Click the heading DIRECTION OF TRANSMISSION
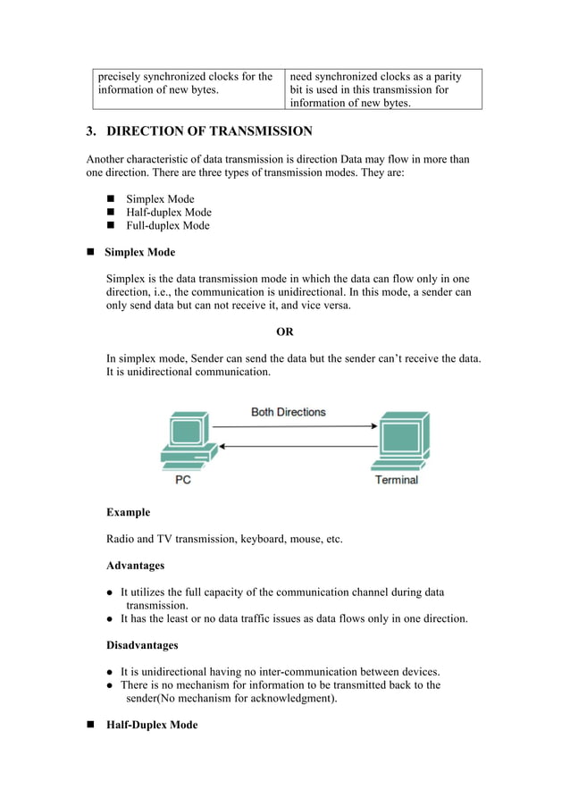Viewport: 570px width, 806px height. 209,132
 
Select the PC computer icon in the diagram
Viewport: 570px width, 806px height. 185,441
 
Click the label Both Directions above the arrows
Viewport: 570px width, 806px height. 288,412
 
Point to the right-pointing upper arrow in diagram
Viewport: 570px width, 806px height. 298,426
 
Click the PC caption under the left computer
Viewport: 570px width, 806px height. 181,480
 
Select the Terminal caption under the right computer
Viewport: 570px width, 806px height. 396,480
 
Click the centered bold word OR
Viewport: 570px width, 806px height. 284,332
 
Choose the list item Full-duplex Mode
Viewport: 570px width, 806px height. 168,226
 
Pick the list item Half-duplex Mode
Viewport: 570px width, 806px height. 169,213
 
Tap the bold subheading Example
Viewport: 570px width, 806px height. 128,513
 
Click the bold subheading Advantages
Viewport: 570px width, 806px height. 135,566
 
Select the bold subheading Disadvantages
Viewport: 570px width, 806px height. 142,645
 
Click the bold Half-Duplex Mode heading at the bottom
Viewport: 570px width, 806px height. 151,725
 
